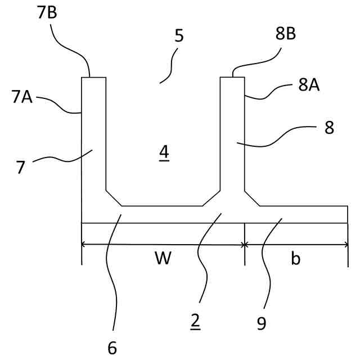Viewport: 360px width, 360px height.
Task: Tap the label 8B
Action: (x=286, y=34)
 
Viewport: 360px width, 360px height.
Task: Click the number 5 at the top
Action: (x=179, y=36)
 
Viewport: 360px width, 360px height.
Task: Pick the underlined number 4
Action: (x=164, y=151)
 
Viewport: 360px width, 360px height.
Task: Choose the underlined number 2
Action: (x=195, y=320)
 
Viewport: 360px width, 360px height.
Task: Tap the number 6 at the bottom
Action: (x=112, y=348)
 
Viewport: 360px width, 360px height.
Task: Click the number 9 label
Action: (x=261, y=323)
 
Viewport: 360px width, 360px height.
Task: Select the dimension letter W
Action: (x=163, y=259)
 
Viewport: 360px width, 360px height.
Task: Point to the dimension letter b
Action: (x=296, y=259)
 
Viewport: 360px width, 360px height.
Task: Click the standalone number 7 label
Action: (x=21, y=167)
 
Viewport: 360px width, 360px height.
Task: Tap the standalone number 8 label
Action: (x=329, y=128)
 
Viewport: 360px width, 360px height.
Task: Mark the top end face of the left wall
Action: (x=93, y=78)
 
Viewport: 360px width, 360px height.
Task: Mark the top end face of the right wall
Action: (x=232, y=78)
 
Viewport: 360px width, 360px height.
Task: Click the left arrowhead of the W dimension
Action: (x=84, y=244)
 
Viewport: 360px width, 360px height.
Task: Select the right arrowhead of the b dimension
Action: (x=346, y=244)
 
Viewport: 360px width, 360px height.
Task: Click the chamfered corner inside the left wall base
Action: (x=114, y=197)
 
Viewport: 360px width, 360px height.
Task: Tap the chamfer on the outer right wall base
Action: (x=251, y=197)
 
